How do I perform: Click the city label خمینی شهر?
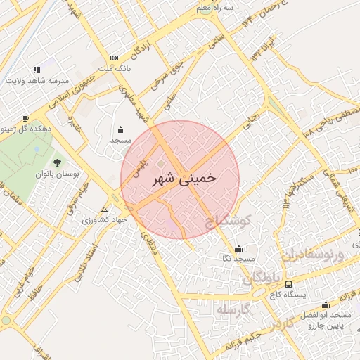coord(184,179)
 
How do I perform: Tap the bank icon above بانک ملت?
coord(115,58)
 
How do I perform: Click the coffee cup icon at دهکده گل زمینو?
coord(26,118)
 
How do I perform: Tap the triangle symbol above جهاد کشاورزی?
coord(105,210)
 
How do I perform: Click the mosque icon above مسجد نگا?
coord(239,248)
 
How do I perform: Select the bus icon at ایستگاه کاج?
coord(289,284)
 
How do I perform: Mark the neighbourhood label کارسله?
coord(233,310)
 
